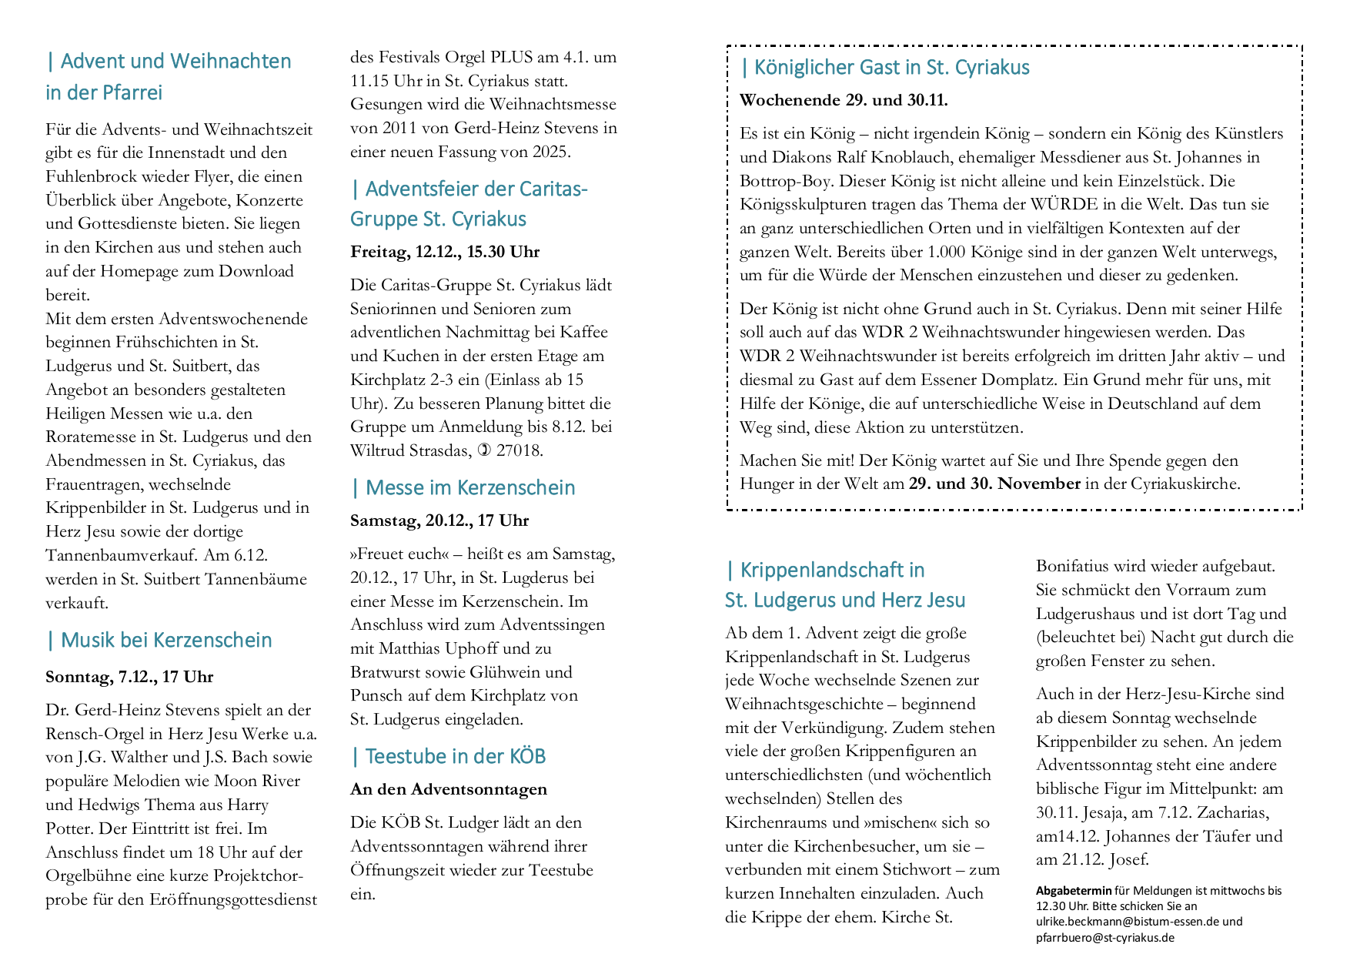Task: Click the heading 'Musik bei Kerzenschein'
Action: (165, 641)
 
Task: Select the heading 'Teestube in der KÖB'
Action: (455, 757)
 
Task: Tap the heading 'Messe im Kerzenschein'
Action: (469, 488)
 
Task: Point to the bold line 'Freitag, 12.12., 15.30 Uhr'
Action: (445, 252)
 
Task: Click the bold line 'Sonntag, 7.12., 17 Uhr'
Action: (129, 677)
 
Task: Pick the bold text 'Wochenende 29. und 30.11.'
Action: (844, 100)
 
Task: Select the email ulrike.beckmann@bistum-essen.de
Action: (1127, 922)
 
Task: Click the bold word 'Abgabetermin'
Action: (1074, 891)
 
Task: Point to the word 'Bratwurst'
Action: (384, 672)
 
